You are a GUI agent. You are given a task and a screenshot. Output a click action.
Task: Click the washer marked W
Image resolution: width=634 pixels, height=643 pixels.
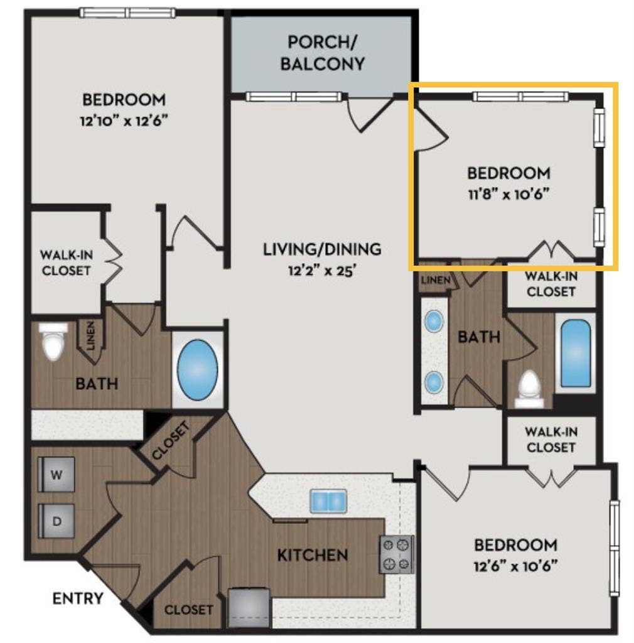click(x=56, y=475)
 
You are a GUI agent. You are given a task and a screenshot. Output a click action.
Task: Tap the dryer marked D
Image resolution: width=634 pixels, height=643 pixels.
click(x=56, y=521)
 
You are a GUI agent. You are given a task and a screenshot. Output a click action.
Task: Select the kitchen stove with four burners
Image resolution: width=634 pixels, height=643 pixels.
click(x=396, y=554)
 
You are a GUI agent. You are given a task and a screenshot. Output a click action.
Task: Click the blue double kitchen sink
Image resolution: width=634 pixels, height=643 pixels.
click(x=328, y=502)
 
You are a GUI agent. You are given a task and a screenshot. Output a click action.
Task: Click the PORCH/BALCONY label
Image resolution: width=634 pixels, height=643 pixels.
click(x=322, y=53)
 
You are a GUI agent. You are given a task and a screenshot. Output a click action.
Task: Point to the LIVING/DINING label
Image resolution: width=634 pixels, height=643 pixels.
click(x=321, y=249)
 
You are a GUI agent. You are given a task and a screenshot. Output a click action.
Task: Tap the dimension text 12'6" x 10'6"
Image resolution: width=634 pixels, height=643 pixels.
click(x=515, y=565)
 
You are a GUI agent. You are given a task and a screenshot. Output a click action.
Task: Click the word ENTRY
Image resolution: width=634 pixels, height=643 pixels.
click(x=77, y=598)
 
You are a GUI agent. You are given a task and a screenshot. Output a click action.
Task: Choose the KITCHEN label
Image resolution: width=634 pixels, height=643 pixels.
click(x=312, y=555)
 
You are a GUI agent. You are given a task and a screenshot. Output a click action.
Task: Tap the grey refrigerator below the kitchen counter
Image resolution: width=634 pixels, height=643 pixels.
click(x=249, y=607)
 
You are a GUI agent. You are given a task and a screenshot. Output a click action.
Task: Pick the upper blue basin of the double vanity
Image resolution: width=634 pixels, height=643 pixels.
click(x=434, y=322)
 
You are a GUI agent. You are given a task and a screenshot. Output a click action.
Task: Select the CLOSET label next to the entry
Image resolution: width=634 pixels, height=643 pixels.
click(x=188, y=609)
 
